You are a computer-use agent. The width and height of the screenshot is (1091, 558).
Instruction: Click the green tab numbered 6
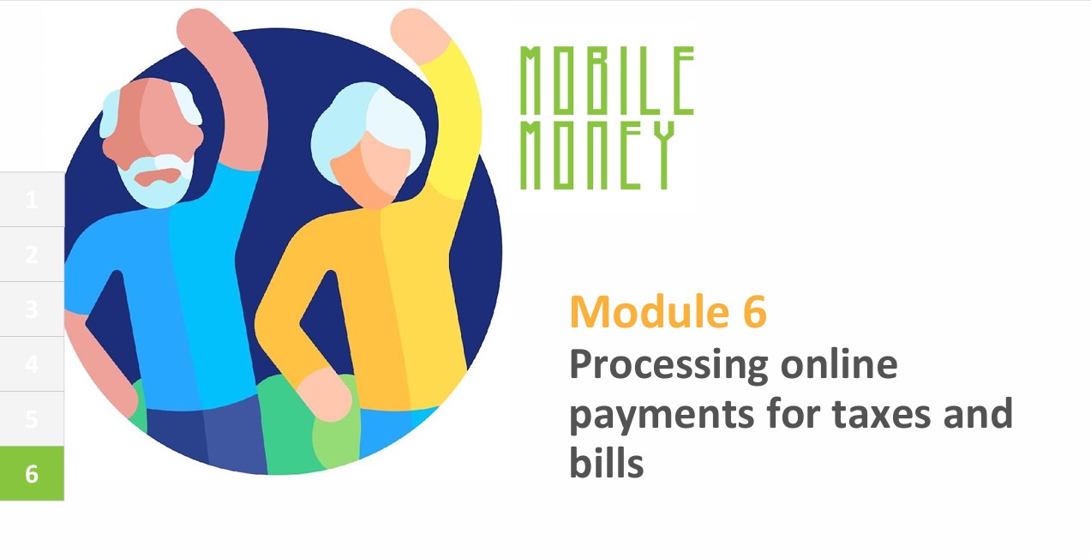(32, 473)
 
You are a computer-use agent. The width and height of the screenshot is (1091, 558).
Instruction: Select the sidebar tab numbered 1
(32, 200)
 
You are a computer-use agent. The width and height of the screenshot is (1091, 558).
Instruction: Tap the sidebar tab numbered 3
(32, 309)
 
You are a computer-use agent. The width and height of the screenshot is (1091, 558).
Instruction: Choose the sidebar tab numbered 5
(32, 419)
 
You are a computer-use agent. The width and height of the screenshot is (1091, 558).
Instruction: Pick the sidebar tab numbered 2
(32, 255)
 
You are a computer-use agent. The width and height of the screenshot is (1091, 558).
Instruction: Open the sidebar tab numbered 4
(32, 363)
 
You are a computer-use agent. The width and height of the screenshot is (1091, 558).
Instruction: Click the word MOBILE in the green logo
(607, 81)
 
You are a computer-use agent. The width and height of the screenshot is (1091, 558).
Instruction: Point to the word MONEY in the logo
(597, 155)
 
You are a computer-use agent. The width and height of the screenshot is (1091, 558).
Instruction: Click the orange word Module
(650, 312)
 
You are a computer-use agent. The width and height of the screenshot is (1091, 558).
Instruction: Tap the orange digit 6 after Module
(754, 313)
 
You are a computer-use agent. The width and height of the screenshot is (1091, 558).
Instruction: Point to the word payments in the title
(662, 417)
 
